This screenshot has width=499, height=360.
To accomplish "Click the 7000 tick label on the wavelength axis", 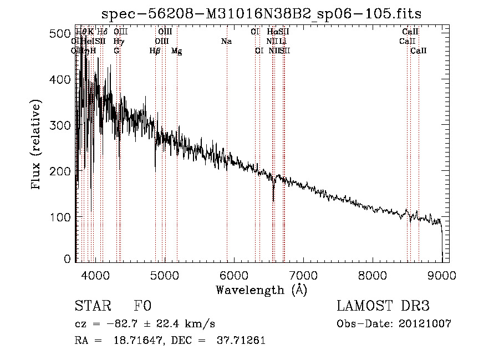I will coord(303,275).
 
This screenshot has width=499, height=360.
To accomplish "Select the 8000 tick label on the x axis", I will coord(372,275).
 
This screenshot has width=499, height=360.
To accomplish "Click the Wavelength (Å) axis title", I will coord(261,290).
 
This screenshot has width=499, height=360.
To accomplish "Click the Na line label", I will coord(226,41).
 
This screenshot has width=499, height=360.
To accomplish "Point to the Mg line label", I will coord(177,51).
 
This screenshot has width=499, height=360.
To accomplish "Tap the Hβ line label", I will coord(155,51).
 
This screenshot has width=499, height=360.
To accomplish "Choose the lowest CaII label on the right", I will coord(419,51).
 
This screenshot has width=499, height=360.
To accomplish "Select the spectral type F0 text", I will coord(142,306).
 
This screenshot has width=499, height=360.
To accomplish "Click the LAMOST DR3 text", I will coord(383,306).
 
